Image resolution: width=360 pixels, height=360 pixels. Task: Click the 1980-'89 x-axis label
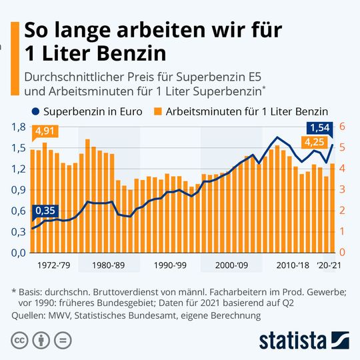[109, 265]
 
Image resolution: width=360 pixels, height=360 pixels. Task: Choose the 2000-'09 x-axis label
[232, 265]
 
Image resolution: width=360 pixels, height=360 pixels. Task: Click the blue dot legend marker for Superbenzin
[35, 111]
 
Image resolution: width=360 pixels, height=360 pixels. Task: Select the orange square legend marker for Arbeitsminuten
[158, 111]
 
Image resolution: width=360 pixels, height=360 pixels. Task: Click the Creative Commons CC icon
[21, 339]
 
